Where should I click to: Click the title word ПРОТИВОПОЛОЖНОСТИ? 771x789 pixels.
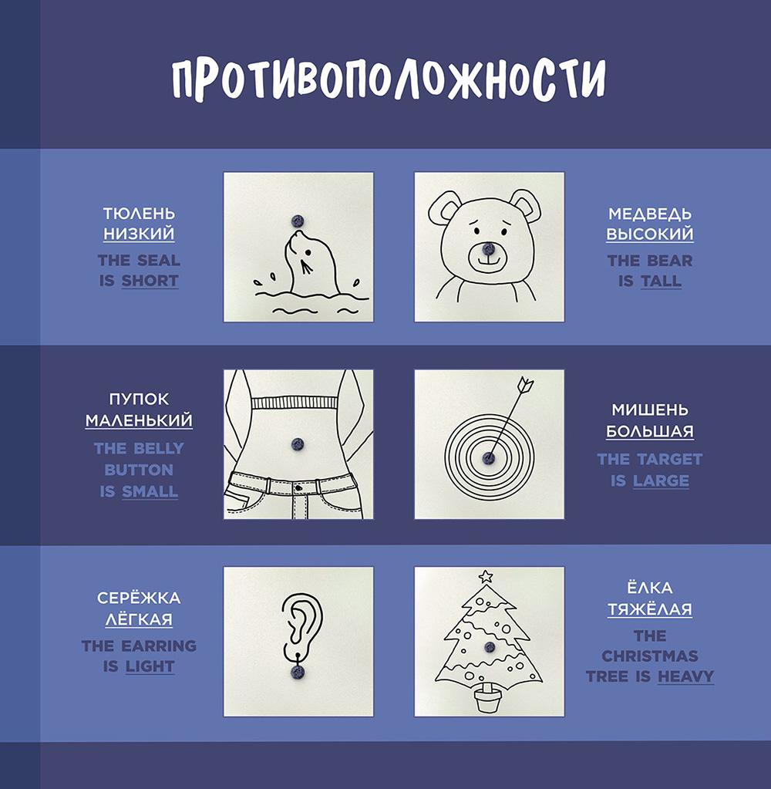pos(389,79)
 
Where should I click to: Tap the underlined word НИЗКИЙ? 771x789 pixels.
pos(139,234)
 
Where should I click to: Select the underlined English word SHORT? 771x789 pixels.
pos(150,281)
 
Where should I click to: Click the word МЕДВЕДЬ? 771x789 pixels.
pos(650,214)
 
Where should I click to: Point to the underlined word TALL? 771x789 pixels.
pos(661,281)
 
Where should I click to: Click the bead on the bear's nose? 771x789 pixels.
pos(488,248)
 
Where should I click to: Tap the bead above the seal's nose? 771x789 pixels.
pos(298,221)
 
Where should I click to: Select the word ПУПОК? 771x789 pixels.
pos(139,399)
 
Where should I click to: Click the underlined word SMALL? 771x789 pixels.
pos(150,491)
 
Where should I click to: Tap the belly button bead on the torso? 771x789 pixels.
pos(298,443)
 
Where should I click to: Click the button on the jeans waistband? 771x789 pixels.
pos(298,488)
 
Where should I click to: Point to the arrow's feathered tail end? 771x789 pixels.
pos(526,384)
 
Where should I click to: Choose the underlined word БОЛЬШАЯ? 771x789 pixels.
pos(650,431)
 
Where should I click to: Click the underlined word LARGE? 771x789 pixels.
pos(661,481)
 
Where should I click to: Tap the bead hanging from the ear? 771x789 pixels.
pos(298,671)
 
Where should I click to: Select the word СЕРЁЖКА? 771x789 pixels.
pos(139,597)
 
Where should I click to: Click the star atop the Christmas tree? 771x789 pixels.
pos(485,577)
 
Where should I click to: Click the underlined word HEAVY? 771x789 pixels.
pos(686,676)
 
